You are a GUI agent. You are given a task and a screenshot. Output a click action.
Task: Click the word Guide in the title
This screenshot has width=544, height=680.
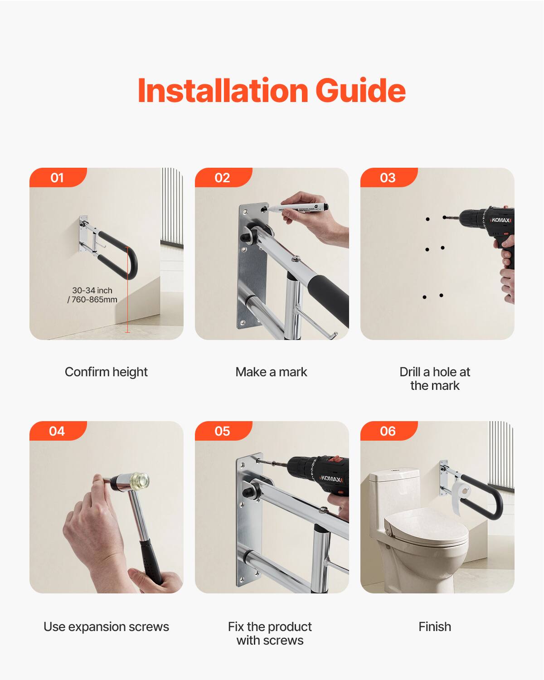pyautogui.click(x=360, y=91)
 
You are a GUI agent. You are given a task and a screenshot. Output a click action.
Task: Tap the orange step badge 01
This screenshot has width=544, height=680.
pyautogui.click(x=57, y=178)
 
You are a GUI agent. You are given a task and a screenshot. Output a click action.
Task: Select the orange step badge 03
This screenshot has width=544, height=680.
pyautogui.click(x=388, y=178)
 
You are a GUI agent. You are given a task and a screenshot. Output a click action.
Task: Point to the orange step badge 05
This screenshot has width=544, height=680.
pyautogui.click(x=222, y=431)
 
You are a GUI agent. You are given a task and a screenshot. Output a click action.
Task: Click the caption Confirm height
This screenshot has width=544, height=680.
pyautogui.click(x=106, y=372)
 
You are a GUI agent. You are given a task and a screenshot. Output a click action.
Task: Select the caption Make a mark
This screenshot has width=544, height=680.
pyautogui.click(x=271, y=372)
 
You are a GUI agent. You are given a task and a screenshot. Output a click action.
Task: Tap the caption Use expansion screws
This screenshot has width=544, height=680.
pyautogui.click(x=106, y=627)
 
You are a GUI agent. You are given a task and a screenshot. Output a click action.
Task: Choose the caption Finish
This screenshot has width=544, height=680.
pyautogui.click(x=435, y=627)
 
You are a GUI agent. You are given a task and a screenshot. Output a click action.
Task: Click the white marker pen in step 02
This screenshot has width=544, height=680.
pyautogui.click(x=299, y=208)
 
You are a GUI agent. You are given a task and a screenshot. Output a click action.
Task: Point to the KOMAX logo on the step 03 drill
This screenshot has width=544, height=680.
pyautogui.click(x=501, y=220)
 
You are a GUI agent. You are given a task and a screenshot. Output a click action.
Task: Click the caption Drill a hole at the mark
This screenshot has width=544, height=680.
pyautogui.click(x=435, y=379)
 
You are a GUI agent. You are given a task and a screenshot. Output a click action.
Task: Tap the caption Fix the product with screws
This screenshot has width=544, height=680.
pyautogui.click(x=270, y=633)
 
